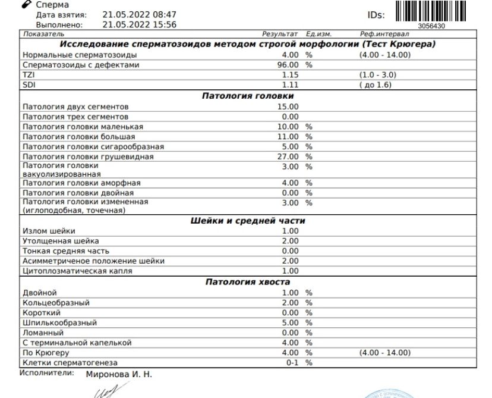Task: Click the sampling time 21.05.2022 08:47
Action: tap(139, 14)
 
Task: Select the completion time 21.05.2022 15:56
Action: tap(139, 24)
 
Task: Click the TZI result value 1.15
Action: tap(290, 75)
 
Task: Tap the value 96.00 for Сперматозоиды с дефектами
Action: tap(288, 65)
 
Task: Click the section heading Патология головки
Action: tap(248, 95)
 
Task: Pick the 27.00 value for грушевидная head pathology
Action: tap(288, 156)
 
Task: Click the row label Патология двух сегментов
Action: tap(75, 106)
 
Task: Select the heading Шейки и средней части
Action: tap(248, 221)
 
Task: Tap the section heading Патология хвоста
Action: tap(248, 281)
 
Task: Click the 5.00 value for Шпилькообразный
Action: tap(290, 322)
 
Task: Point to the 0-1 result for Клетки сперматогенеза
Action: tap(291, 362)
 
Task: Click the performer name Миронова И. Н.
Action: tap(119, 375)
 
